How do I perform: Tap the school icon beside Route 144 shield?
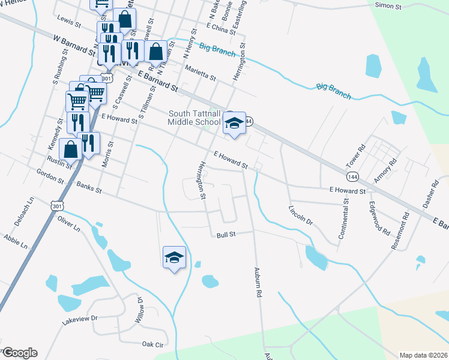click(x=234, y=124)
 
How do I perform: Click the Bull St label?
click(x=226, y=236)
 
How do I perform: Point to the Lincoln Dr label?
click(x=301, y=215)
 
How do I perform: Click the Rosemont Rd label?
click(x=401, y=230)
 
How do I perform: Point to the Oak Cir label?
click(x=152, y=344)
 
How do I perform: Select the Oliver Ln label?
click(x=69, y=223)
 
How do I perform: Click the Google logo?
click(x=19, y=353)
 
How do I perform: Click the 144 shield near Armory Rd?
click(x=353, y=176)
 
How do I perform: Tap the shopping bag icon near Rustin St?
click(x=70, y=149)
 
